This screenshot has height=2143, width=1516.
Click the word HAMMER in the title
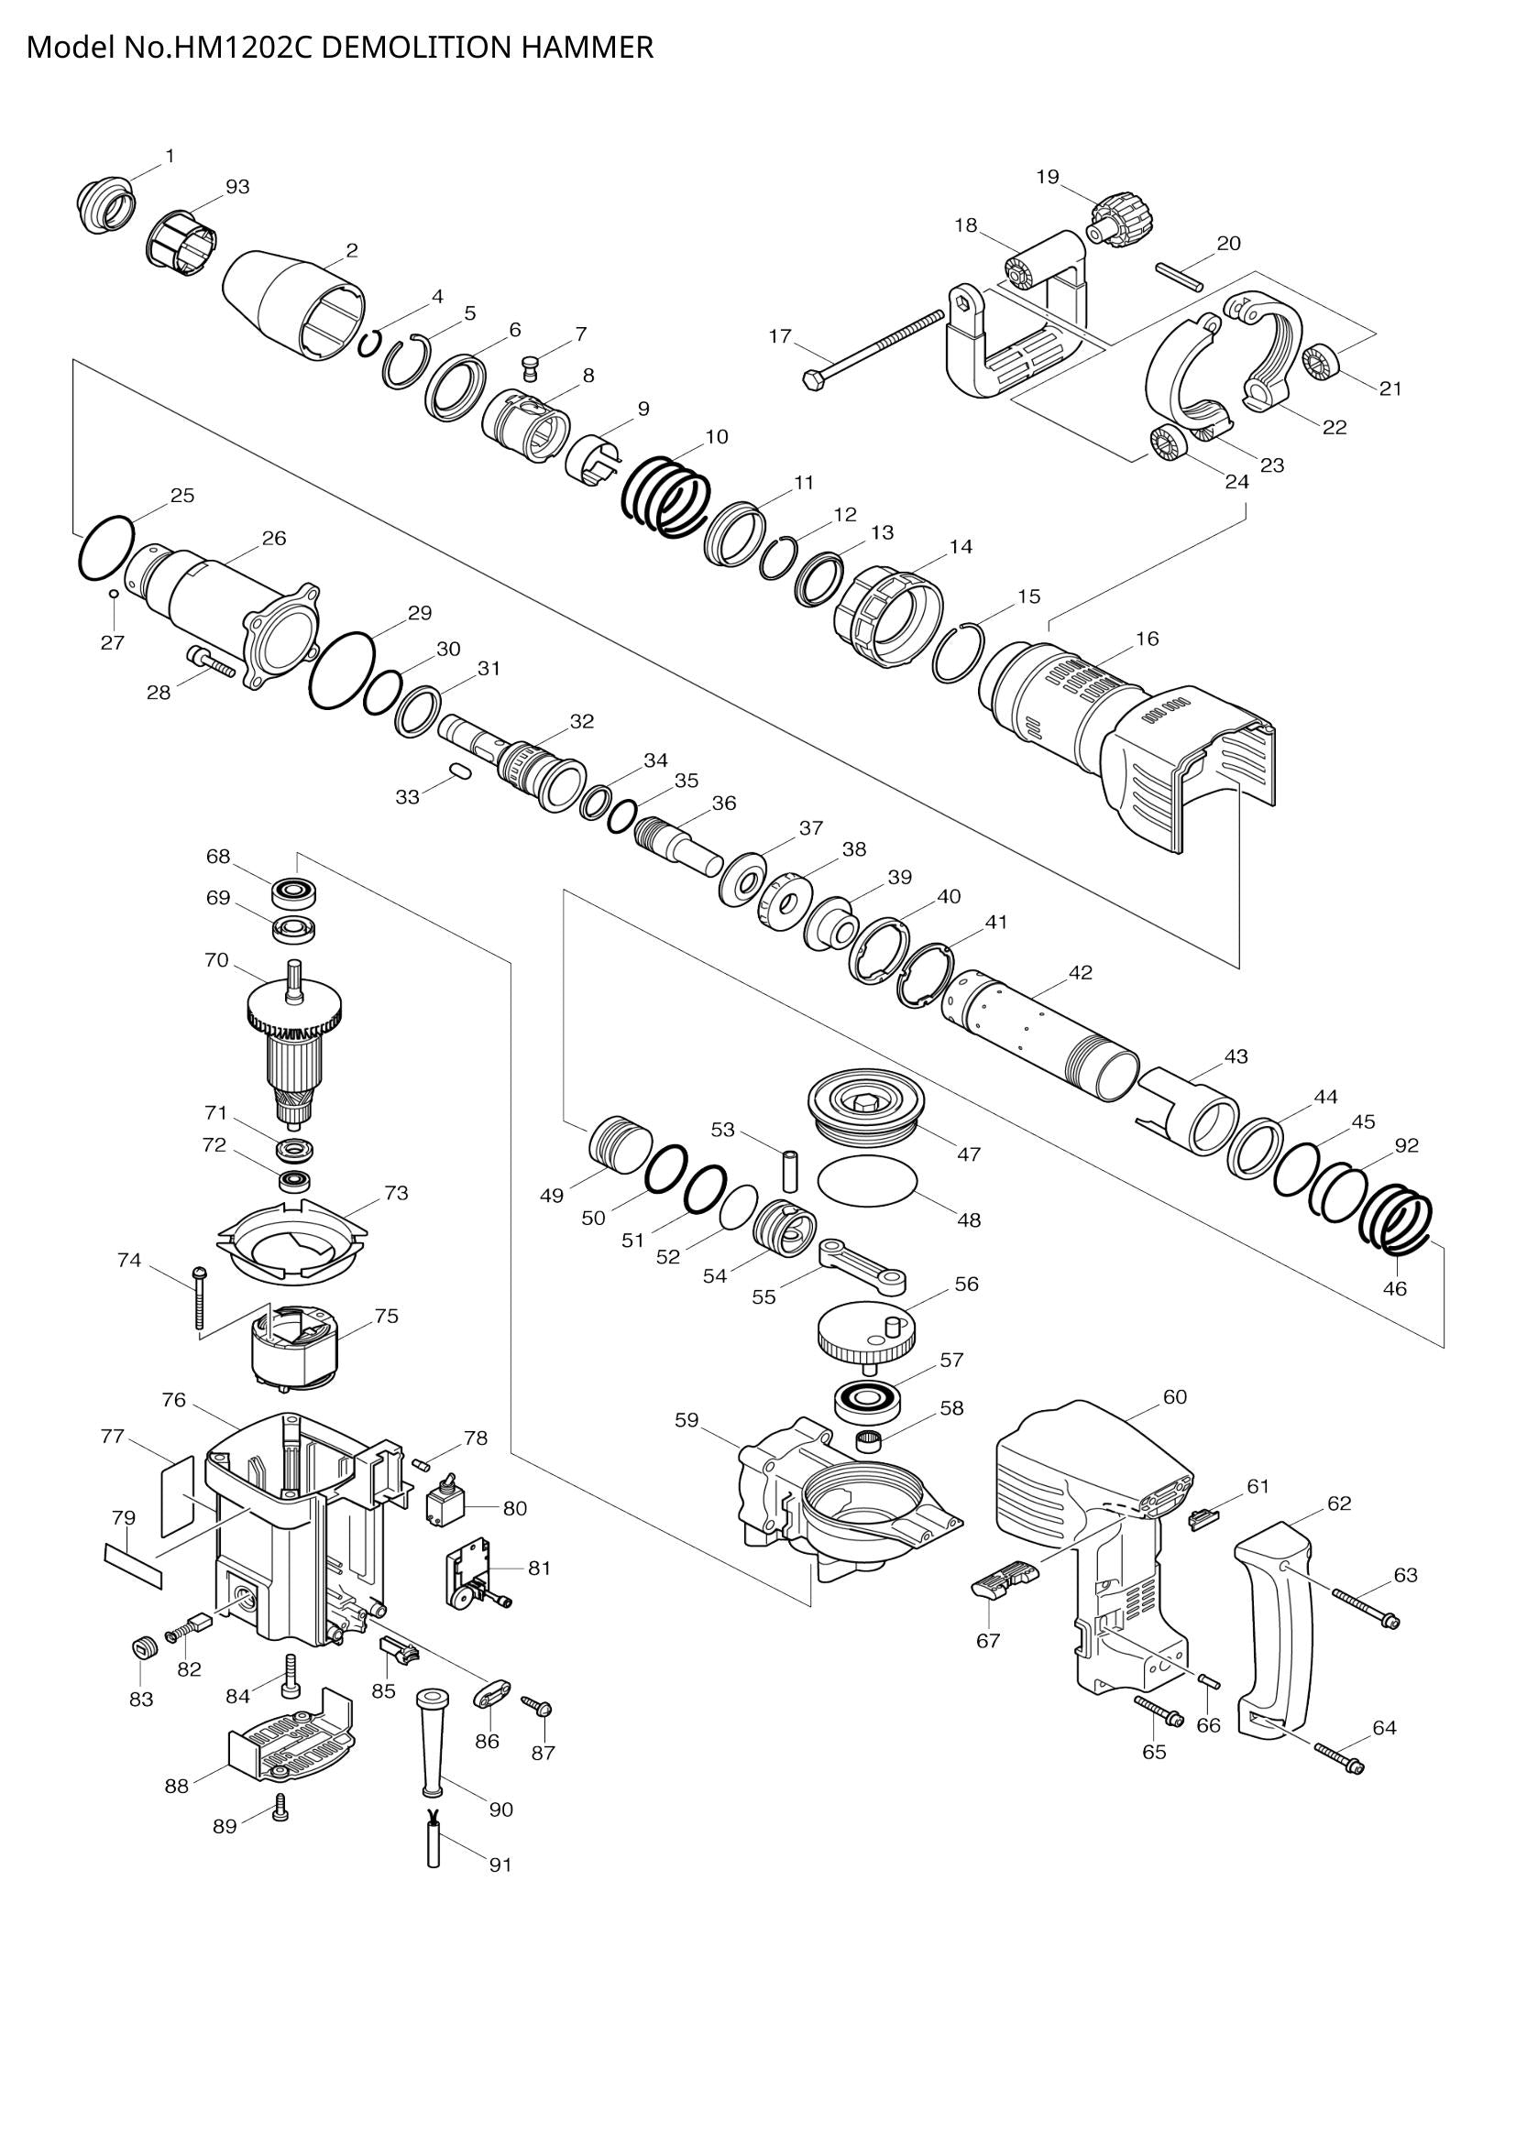[588, 47]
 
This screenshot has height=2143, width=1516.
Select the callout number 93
[238, 187]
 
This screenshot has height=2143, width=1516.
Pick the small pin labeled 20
[1179, 277]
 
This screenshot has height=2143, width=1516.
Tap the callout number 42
[1080, 973]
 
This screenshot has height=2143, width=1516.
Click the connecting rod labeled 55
[862, 1265]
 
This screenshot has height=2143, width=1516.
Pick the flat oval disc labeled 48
[867, 1180]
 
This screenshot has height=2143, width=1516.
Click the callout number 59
[687, 1421]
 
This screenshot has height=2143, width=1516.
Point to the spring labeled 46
[1398, 1223]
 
